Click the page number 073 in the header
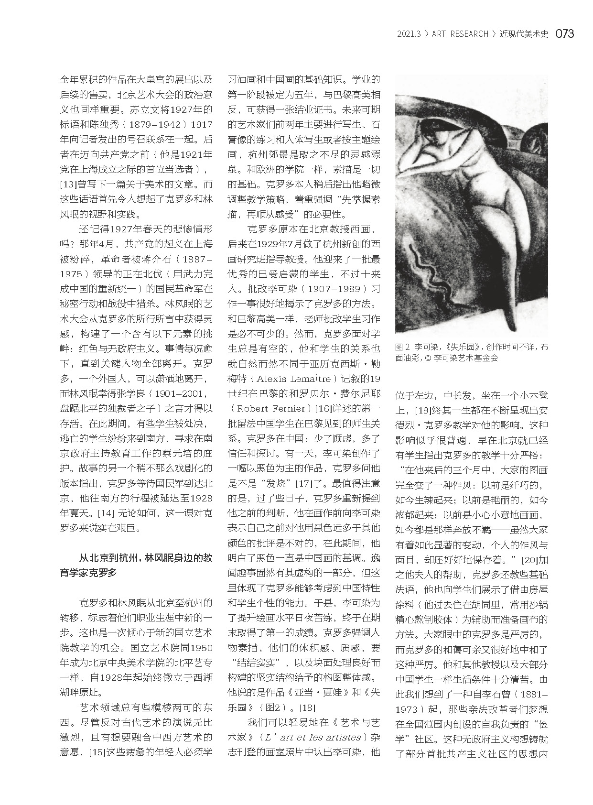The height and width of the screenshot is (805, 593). coord(564,33)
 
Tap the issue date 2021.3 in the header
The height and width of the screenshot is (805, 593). coord(409,34)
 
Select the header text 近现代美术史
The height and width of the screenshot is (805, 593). coord(524,34)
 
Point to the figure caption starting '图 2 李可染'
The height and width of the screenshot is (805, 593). coord(471,352)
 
